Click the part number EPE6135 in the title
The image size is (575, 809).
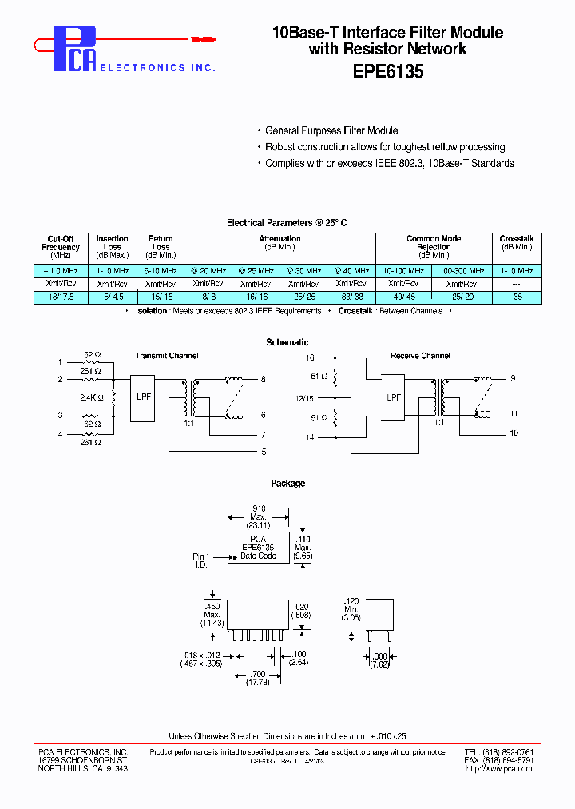[x=387, y=71]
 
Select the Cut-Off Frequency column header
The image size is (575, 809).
[x=61, y=247]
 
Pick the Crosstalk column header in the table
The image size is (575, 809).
[x=516, y=243]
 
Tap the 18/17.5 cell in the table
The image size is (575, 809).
[x=61, y=297]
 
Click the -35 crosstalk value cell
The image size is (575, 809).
[x=516, y=297]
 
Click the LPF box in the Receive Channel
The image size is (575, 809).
[x=394, y=397]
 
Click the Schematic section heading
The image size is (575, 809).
[x=287, y=342]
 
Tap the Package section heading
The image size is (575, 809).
[x=287, y=483]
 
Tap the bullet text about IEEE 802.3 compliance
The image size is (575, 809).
[x=389, y=163]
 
